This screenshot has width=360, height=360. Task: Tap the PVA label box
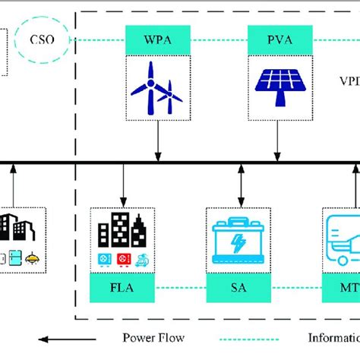coord(277,39)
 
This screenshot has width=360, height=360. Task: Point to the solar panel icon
coord(277,86)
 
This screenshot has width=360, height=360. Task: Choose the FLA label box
coord(122,288)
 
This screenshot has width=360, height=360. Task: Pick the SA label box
coord(238,288)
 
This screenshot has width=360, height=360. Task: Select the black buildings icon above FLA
coord(122,227)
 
